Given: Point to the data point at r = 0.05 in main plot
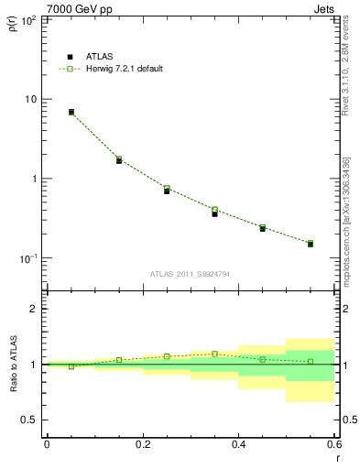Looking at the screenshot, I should [71, 112].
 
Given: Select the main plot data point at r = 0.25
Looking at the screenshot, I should [167, 190].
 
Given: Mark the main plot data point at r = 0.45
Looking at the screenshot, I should [262, 228].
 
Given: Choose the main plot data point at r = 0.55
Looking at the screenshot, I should [310, 244].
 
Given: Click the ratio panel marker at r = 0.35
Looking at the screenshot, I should [214, 354].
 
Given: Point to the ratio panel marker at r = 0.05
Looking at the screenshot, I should [71, 366].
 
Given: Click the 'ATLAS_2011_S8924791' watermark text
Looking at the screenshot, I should [190, 274].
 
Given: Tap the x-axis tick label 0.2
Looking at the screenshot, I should [142, 443].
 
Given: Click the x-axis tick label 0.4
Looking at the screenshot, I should [238, 443].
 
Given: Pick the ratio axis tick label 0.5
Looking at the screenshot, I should [29, 420].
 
